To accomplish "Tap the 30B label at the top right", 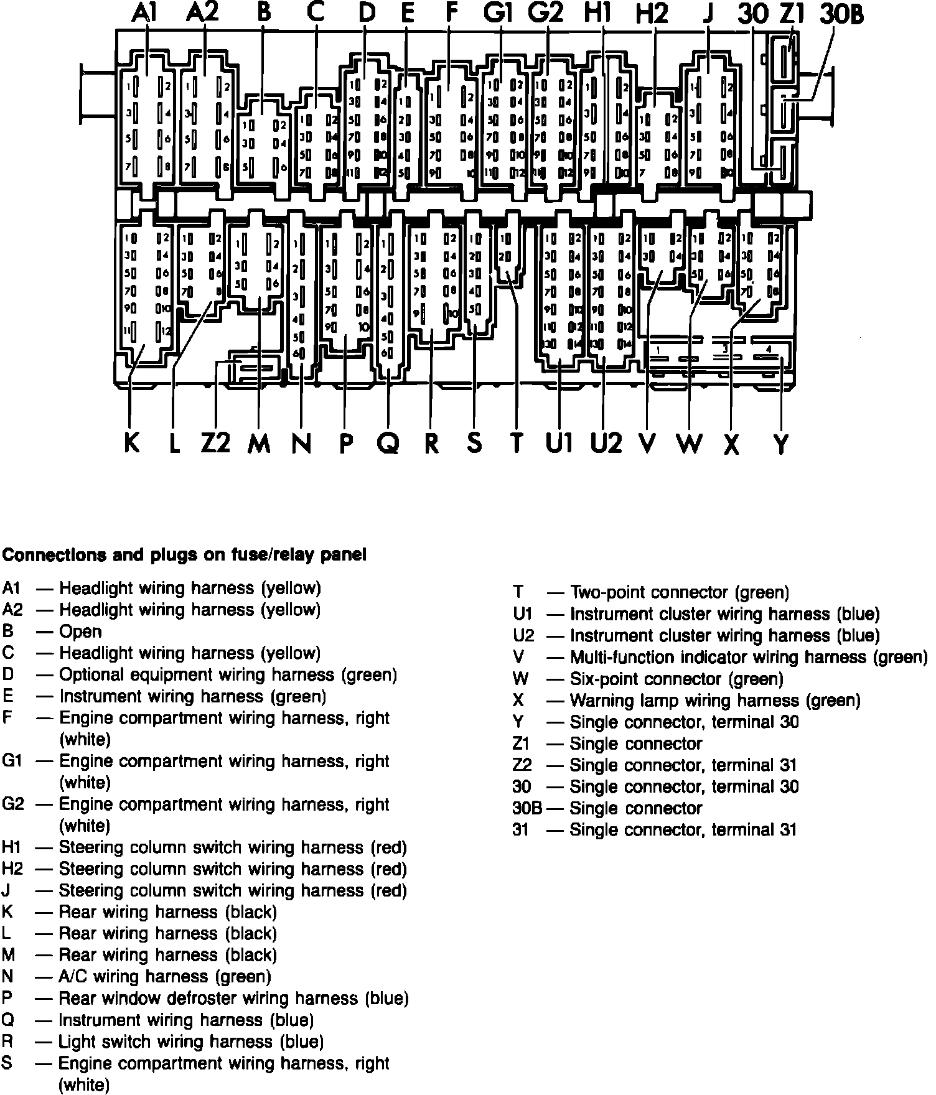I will point(842,15).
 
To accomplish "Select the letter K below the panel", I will point(131,443).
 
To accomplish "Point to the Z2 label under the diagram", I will point(215,443).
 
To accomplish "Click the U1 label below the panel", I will point(558,443).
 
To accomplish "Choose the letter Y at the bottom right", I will point(780,444).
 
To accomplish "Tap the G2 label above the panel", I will point(546,14).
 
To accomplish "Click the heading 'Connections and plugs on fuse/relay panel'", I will point(185,554).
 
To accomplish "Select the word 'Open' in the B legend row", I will point(80,631).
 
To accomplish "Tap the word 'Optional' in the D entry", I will point(90,675).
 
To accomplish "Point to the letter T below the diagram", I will point(517,443).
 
